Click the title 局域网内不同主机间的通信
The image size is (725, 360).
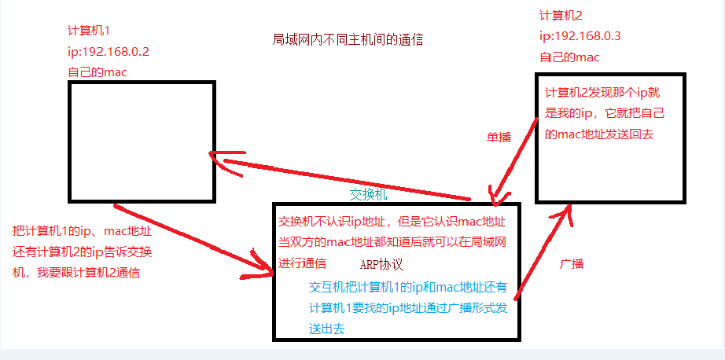click(352, 39)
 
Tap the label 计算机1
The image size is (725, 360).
click(89, 31)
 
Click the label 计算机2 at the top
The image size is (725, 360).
click(560, 16)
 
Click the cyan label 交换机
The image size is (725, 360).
click(368, 194)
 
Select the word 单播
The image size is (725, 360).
click(499, 137)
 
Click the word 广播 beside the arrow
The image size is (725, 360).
click(571, 263)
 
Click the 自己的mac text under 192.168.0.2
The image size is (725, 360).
click(98, 72)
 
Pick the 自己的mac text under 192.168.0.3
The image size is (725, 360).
click(569, 57)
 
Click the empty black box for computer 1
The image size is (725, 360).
click(142, 141)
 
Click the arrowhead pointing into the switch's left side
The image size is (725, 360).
click(263, 274)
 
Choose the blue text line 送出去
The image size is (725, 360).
click(327, 329)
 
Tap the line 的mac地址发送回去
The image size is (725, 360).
click(598, 134)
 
